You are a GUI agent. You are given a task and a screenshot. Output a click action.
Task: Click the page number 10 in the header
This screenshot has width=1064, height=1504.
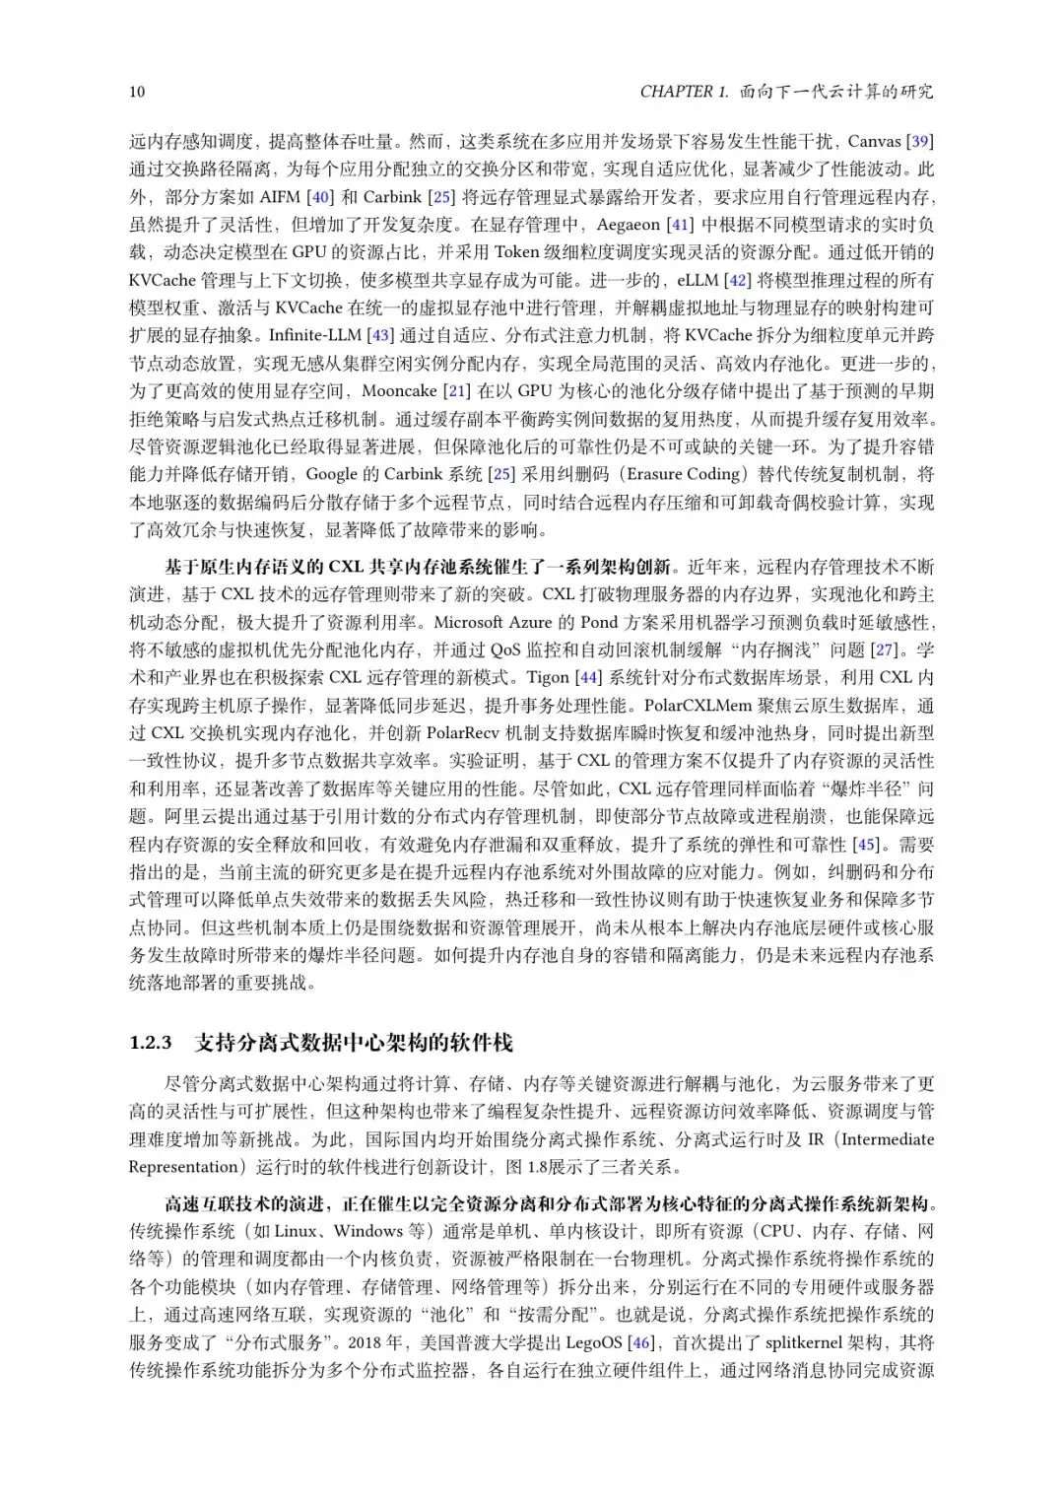(137, 92)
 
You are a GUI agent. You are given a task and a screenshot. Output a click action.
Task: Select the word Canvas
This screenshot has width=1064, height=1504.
(874, 141)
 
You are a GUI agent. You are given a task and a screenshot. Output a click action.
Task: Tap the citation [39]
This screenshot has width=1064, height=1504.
(919, 141)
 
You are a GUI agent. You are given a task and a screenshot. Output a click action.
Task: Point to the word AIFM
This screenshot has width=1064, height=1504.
(281, 196)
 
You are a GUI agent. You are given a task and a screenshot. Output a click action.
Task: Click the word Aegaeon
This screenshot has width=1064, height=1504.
(629, 225)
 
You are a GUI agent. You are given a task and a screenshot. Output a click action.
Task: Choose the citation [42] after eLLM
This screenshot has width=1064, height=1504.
(739, 280)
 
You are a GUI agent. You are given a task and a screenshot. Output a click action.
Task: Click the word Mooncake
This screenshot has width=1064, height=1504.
(399, 391)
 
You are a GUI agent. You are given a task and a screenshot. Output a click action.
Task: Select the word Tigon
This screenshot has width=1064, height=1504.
(549, 677)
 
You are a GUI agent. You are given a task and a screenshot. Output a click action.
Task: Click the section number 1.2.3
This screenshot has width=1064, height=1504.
(151, 1043)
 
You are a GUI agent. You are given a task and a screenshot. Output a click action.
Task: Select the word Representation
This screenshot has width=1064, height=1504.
(184, 1167)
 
